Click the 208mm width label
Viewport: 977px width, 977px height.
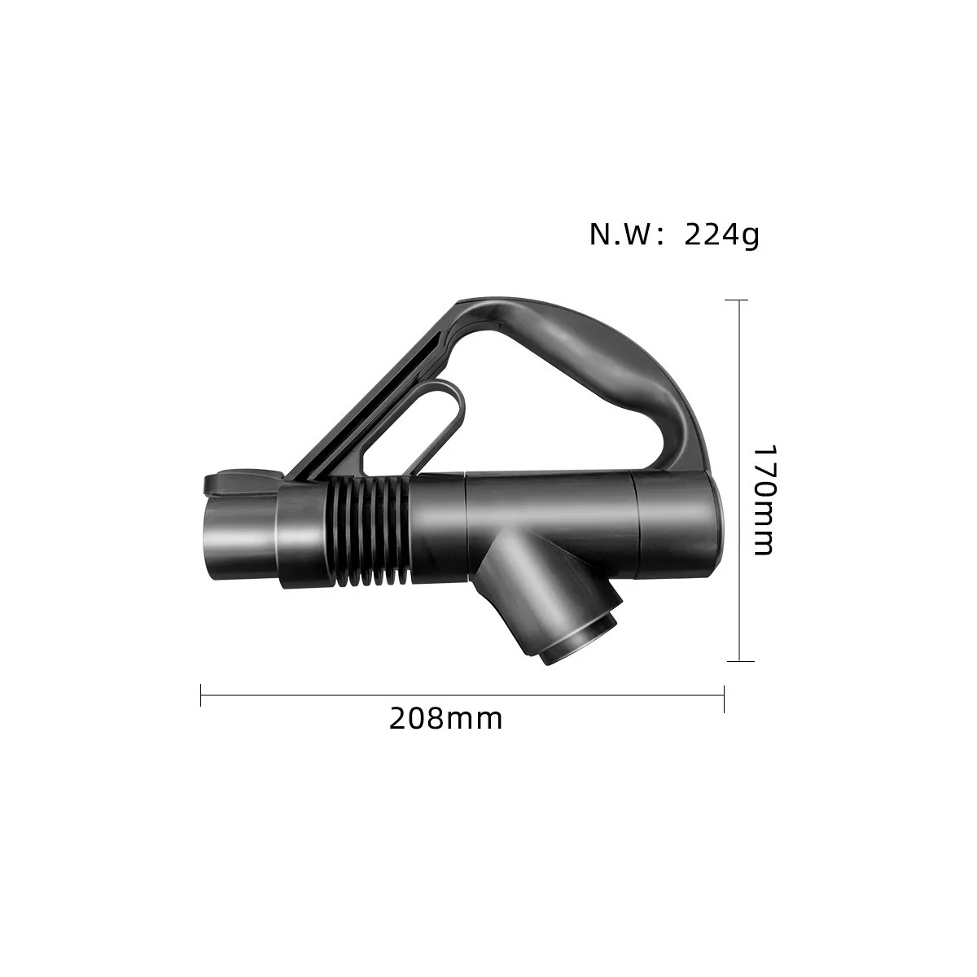click(x=445, y=719)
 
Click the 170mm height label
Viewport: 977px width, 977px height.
click(x=764, y=501)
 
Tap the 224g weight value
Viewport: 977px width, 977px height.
click(x=721, y=234)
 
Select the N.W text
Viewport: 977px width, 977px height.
click(x=622, y=235)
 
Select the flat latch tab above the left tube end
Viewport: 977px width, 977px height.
click(x=243, y=483)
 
